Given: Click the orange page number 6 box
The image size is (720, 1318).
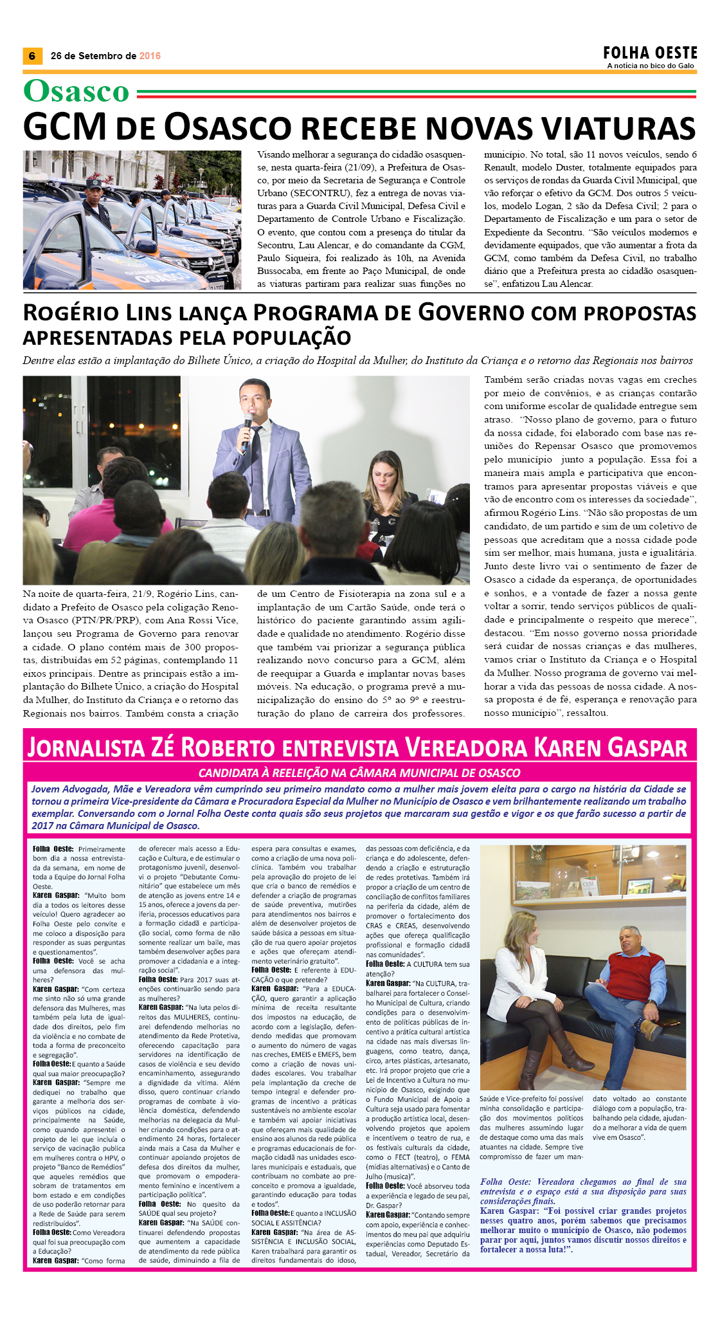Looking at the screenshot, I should coord(32,56).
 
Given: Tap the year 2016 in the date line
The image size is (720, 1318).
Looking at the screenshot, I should coord(150,56).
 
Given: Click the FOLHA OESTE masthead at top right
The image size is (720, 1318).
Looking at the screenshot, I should coord(650,53).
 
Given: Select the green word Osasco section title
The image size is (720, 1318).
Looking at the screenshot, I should coord(76,91).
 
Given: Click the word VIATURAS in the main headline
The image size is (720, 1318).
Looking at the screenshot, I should coord(617,127).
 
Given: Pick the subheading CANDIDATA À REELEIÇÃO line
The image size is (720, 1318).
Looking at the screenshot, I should coord(359,773).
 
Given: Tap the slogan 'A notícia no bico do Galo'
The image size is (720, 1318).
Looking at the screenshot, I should coord(651,66).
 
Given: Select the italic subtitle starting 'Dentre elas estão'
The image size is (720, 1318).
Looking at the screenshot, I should coord(357,360).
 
